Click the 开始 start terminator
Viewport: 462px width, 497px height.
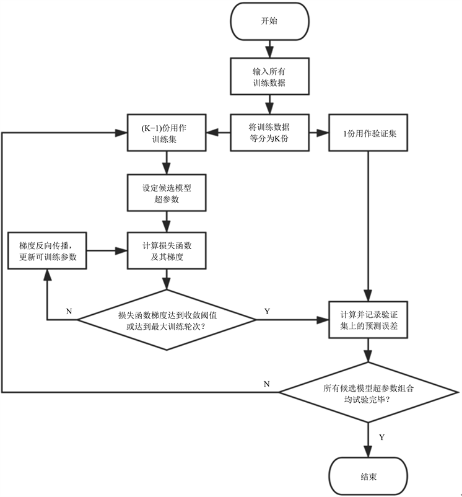point(269,21)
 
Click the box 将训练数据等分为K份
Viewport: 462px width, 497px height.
point(269,132)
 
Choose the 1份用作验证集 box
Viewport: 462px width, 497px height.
point(369,132)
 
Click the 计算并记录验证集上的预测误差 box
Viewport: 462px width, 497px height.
point(369,320)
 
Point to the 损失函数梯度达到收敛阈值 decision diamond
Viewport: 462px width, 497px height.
point(166,320)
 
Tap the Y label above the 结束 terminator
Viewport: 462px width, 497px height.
point(381,438)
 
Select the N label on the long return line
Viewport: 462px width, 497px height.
point(266,384)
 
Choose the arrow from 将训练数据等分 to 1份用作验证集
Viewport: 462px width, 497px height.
point(319,132)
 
